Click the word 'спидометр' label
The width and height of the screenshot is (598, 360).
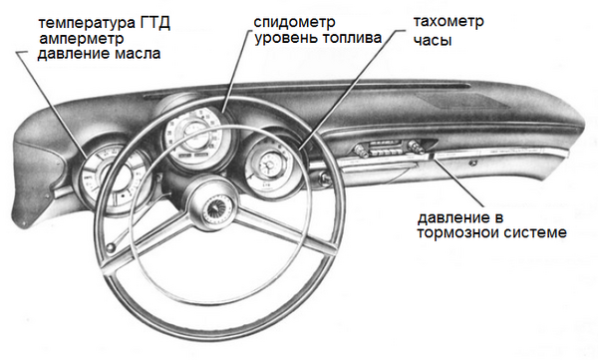pos(294,23)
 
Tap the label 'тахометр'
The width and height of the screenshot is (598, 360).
pos(448,22)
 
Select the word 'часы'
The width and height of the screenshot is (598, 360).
pos(433,41)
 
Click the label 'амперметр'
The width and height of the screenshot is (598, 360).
pos(82,39)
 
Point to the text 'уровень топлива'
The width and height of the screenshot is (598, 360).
pos(318,39)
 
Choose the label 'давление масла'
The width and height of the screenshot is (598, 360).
pos(99,54)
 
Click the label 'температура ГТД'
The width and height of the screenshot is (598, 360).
pos(104,23)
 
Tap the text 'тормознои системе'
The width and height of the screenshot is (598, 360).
pos(492,232)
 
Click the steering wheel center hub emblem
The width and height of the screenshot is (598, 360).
pos(217,210)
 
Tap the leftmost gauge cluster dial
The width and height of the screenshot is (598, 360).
pos(114,180)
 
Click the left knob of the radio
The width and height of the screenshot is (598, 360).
pos(361,150)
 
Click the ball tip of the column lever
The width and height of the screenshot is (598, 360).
pos(111,248)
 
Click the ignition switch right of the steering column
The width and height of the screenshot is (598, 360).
pos(324,178)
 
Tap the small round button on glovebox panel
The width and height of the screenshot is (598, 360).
pos(473,163)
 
